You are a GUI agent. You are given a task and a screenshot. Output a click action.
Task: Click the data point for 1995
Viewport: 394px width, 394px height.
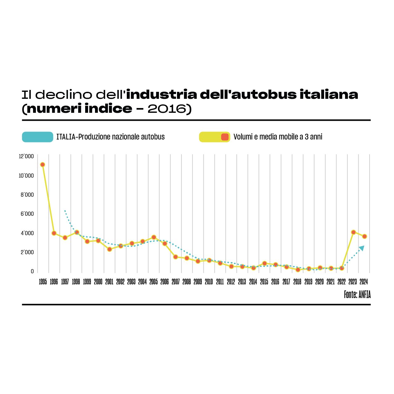[x=43, y=165]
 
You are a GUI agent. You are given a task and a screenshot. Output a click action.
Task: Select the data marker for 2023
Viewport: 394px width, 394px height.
[x=353, y=232]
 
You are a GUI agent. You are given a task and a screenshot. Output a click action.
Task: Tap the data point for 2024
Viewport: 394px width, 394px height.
[x=364, y=236]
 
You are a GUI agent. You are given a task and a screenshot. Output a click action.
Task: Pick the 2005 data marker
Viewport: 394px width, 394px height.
[x=154, y=237]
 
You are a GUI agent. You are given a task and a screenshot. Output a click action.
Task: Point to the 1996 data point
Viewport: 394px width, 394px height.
[x=54, y=233]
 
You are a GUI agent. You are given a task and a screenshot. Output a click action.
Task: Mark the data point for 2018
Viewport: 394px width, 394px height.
[x=298, y=270]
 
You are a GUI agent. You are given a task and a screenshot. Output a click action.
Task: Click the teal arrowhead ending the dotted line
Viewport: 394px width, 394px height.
[x=362, y=248]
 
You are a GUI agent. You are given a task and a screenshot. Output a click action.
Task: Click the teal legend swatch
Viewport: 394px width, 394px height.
[x=37, y=137]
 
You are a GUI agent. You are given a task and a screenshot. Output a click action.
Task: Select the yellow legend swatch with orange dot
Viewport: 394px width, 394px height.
[x=214, y=137]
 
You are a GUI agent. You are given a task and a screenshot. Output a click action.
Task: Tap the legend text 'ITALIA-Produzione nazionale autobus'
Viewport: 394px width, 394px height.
[x=111, y=137]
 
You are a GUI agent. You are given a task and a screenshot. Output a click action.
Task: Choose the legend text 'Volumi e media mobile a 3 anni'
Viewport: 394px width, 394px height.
[x=278, y=137]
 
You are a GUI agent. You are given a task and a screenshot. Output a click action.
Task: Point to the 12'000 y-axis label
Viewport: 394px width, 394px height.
[x=26, y=156]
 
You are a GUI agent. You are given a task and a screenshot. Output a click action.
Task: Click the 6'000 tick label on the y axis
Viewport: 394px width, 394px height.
[x=27, y=214]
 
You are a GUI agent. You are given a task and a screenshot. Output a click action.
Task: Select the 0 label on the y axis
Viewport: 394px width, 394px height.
[x=32, y=271]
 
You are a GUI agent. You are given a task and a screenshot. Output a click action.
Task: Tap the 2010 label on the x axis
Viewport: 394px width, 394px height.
[x=209, y=282]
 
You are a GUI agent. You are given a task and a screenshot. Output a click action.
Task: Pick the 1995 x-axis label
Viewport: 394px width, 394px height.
[x=43, y=282]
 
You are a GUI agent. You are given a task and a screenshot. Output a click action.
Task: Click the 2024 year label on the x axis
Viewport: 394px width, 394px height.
[x=364, y=282]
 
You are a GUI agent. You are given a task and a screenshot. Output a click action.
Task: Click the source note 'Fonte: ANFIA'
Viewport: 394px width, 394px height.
[x=357, y=295]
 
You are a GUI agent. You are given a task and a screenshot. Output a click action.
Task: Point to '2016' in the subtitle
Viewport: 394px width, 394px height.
[x=166, y=109]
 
